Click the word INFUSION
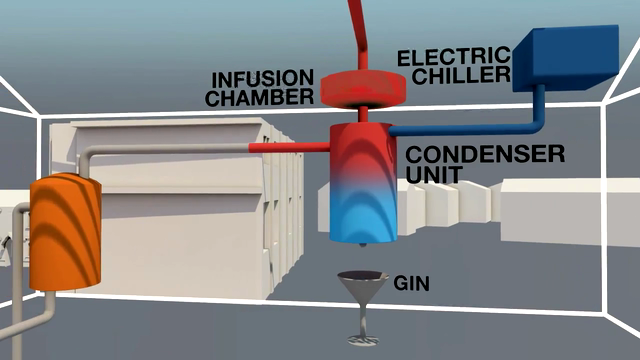(262, 79)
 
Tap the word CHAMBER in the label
(260, 98)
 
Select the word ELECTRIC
(454, 57)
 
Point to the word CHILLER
(461, 75)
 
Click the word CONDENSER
(485, 154)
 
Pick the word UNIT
(433, 174)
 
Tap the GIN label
(411, 283)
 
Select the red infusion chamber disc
(363, 90)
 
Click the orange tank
(65, 232)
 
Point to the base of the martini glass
(363, 340)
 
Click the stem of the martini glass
(363, 319)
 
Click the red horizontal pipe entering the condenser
(289, 147)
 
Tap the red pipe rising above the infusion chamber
(359, 35)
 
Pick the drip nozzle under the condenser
(362, 246)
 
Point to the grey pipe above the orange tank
(163, 150)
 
